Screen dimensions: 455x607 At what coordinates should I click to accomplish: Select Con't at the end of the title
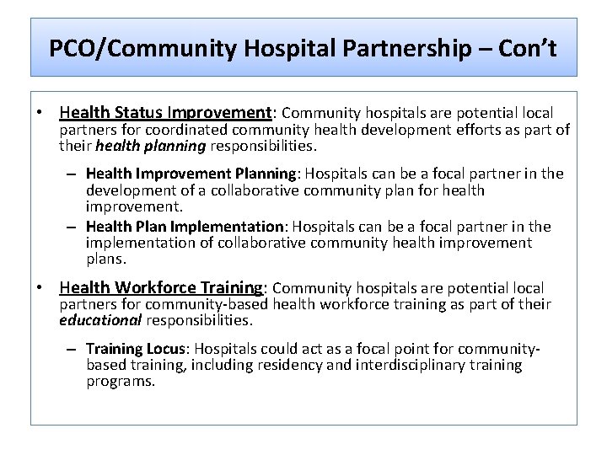click(527, 48)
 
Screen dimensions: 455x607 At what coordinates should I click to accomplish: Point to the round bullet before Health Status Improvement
click(40, 113)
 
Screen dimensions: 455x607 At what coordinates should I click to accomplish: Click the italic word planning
click(175, 146)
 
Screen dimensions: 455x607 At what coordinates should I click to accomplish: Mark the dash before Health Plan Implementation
click(74, 227)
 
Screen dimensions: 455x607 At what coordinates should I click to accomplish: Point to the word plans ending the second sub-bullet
click(106, 259)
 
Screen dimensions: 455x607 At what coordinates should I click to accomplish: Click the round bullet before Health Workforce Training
click(40, 288)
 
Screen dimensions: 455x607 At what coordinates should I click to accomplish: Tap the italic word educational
click(100, 320)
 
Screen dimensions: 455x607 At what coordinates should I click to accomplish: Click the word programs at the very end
click(121, 382)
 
